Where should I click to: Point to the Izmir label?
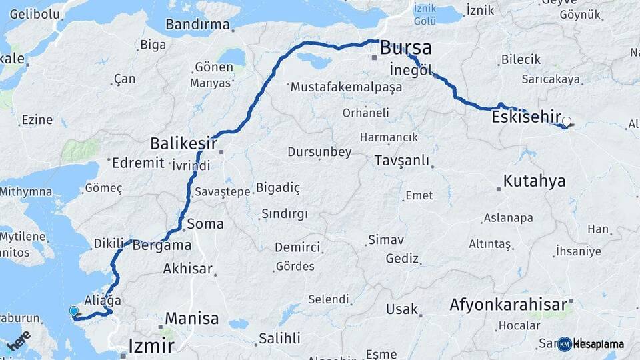(x=151, y=346)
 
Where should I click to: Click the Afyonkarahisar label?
(x=511, y=305)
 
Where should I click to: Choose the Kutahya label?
(x=534, y=181)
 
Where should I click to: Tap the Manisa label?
(x=191, y=318)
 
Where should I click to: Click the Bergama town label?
(x=162, y=245)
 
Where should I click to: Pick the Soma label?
(x=205, y=224)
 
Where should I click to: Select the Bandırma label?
(x=197, y=25)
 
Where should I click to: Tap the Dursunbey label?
(x=319, y=152)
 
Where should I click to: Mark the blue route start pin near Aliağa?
(x=73, y=311)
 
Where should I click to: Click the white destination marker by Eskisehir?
(x=567, y=122)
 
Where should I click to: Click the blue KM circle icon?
(x=565, y=344)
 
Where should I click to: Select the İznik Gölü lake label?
(x=424, y=13)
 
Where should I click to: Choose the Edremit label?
(x=138, y=163)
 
